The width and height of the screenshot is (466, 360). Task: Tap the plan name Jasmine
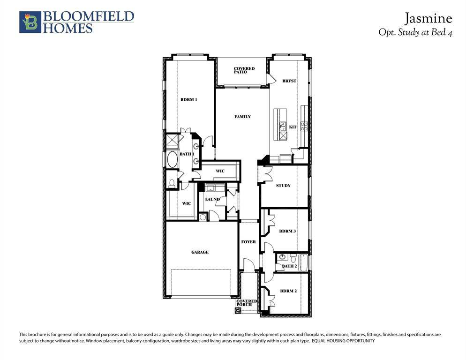coord(428,18)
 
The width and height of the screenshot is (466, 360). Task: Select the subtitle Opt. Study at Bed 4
coord(415,33)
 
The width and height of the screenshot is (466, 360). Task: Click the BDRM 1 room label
coord(189,99)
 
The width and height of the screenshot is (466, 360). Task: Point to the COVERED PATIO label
coord(244,70)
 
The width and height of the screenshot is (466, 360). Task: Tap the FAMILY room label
coord(242,117)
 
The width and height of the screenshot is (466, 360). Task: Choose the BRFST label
coord(289,81)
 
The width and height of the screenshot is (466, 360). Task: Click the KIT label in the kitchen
coord(293,127)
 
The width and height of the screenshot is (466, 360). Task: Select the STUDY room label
coord(283,186)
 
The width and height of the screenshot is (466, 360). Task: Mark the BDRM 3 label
coord(287,231)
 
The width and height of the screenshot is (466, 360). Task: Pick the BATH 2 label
coord(289,266)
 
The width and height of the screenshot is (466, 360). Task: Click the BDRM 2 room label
coord(288,291)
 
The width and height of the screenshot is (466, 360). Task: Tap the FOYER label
coord(248,242)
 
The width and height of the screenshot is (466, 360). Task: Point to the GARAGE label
coord(200,252)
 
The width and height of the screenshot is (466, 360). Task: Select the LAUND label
coord(212,199)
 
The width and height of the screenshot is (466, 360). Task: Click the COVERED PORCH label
coord(247,303)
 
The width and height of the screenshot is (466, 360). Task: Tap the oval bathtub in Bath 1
coord(172,160)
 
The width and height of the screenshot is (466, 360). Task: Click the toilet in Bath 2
coord(293,258)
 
